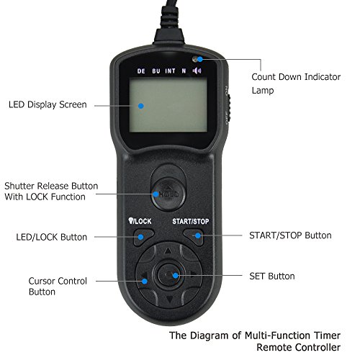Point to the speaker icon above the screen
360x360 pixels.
point(197,71)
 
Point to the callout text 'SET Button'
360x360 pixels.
point(272,276)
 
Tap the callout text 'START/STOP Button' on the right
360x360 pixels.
point(290,235)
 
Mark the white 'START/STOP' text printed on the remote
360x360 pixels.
point(191,222)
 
